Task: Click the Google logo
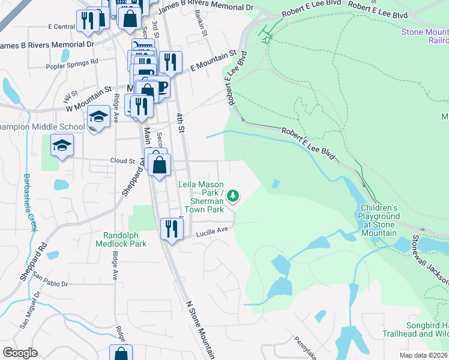[x=20, y=353]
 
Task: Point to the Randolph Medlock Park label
[x=125, y=239]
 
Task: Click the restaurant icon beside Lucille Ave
[x=172, y=228]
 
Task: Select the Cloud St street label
[x=122, y=161]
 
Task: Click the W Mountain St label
[x=90, y=99]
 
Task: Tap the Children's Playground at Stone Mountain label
[x=379, y=219]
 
